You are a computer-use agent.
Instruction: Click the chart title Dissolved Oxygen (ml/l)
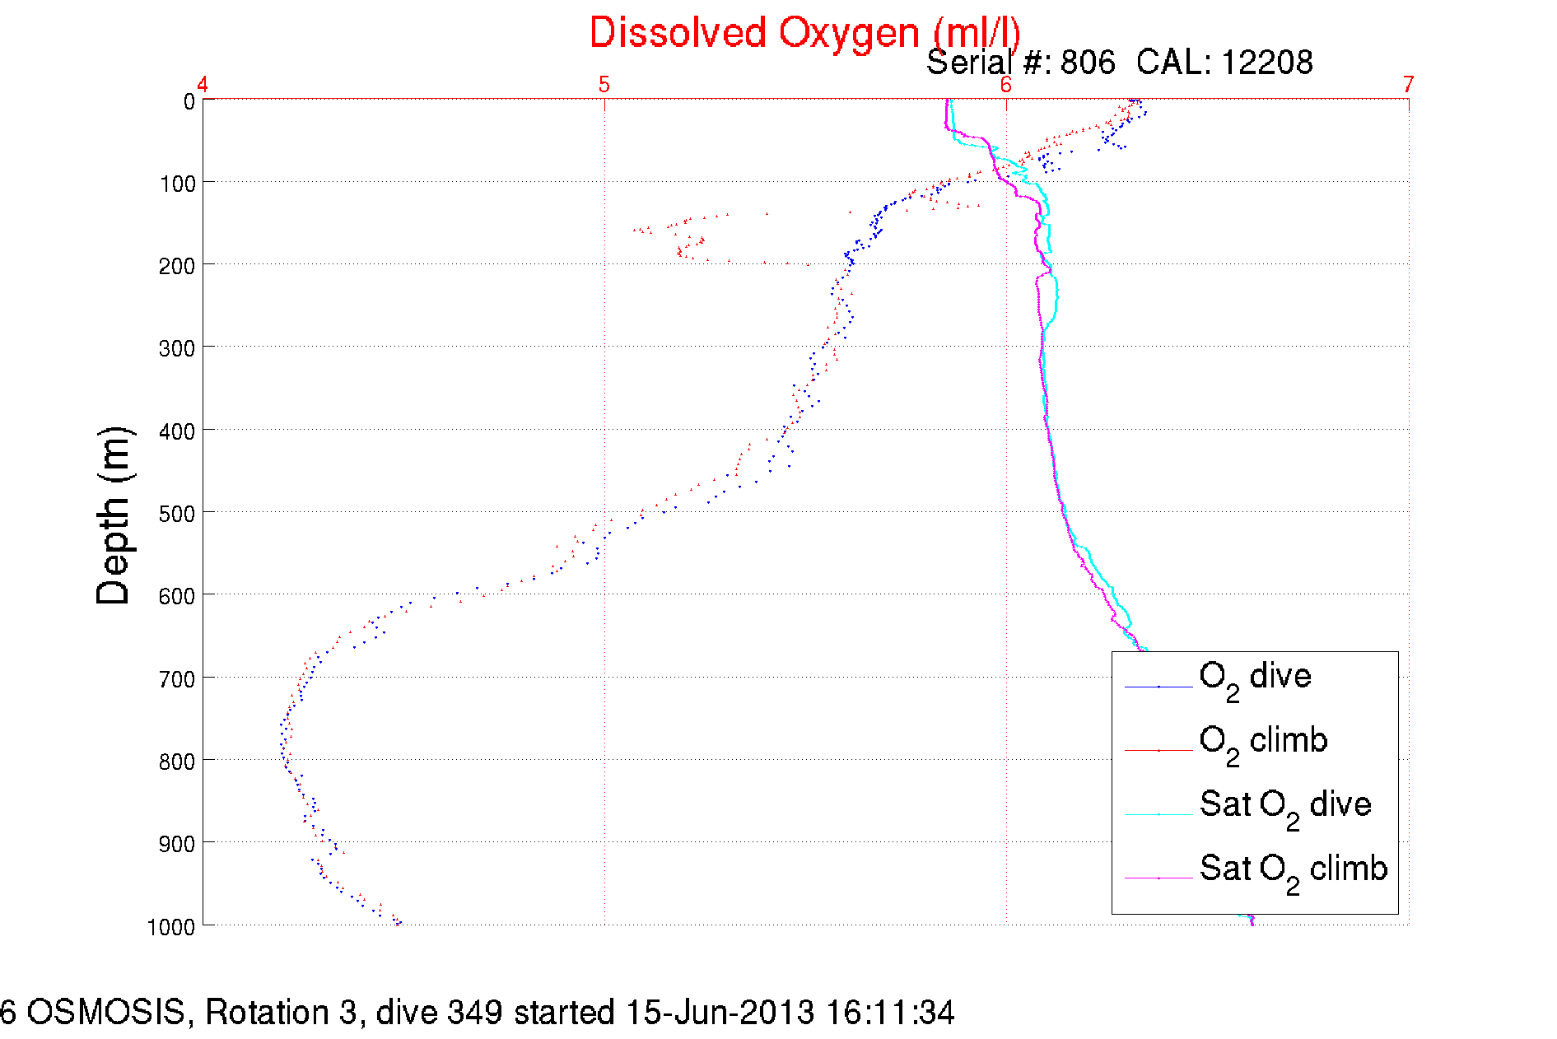click(x=804, y=34)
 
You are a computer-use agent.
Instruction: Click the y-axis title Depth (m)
click(x=114, y=516)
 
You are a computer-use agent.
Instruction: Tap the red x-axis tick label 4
click(x=203, y=84)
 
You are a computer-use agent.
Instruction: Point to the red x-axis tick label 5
click(x=604, y=84)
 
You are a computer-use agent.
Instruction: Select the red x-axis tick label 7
click(x=1408, y=84)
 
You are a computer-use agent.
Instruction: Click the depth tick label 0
click(x=189, y=102)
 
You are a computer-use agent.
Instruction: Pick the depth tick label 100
click(x=177, y=184)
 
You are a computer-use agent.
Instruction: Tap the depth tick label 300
click(x=177, y=348)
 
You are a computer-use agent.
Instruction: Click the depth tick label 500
click(x=177, y=514)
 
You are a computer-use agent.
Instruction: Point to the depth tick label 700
click(x=177, y=679)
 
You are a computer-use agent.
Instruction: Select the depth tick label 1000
click(x=171, y=927)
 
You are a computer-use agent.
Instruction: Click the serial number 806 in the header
click(x=1087, y=63)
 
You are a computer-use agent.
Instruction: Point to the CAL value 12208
click(x=1266, y=63)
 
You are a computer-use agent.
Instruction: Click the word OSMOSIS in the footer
click(x=106, y=1013)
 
